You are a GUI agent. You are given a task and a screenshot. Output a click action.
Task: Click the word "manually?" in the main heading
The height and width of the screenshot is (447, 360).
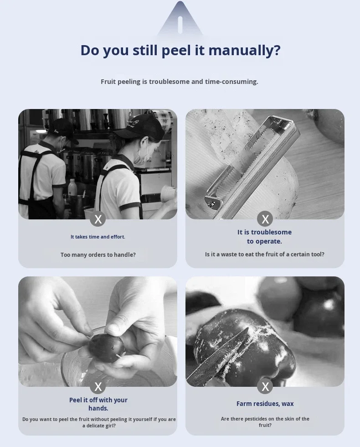pos(244,51)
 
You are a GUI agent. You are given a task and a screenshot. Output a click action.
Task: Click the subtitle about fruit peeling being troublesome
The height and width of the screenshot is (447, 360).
pos(180,82)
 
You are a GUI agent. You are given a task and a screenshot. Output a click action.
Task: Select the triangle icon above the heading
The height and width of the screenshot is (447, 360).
pos(180,18)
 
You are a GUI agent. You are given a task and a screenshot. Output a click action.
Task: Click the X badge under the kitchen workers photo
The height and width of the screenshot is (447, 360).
pos(98,219)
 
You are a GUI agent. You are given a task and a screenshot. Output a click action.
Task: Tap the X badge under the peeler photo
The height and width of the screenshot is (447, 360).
pos(265,219)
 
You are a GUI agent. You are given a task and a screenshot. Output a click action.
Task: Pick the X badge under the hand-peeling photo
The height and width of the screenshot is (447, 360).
pos(98,386)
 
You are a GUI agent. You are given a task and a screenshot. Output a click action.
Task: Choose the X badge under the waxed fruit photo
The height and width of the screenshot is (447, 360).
pos(265,386)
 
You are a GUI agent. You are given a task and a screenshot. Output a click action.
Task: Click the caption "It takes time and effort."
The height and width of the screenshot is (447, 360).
pos(98,237)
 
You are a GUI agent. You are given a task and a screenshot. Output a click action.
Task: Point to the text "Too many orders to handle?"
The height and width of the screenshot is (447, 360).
pos(98,255)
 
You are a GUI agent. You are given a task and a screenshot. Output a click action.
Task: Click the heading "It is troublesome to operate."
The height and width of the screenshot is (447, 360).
pos(265,237)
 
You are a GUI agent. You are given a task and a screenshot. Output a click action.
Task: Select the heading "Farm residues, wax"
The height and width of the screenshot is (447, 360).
pos(265,404)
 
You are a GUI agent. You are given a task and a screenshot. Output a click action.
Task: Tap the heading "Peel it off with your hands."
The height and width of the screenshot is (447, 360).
pos(98,404)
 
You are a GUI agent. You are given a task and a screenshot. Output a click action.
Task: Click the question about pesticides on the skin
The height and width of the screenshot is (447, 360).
pos(265,422)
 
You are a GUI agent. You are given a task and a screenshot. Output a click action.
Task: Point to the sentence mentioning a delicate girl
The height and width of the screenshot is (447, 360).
pos(99,422)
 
